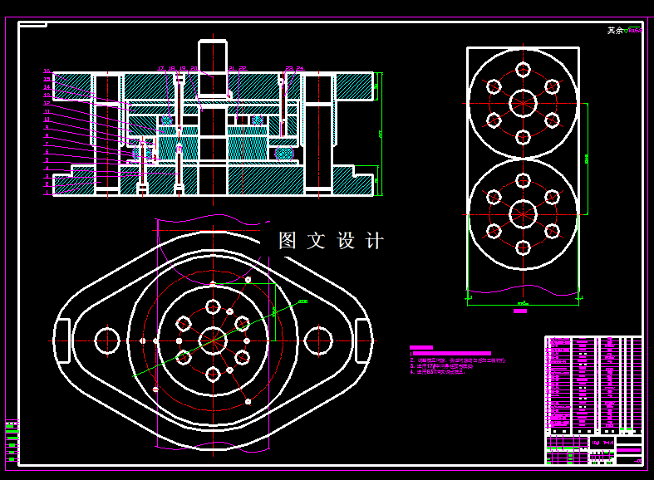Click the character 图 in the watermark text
288,241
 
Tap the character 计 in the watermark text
376,241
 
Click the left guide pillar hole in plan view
106,340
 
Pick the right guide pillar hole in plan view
318,340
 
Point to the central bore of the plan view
213,340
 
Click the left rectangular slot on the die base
61,340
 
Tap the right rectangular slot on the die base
364,340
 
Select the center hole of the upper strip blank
523,102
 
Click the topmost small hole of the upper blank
523,69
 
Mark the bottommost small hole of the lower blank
523,247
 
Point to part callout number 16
47,71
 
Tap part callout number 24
300,68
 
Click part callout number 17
160,68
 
